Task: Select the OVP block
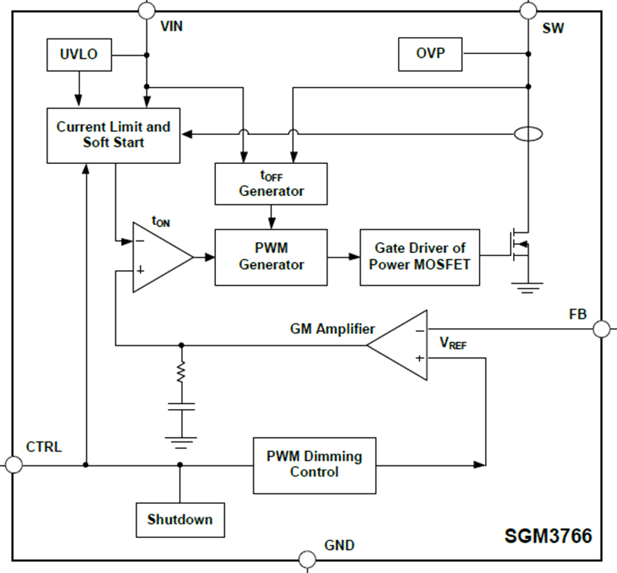428,53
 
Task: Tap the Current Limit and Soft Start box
113,134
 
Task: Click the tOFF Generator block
271,183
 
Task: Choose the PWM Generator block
271,257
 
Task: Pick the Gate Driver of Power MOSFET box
420,257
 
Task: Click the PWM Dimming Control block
314,465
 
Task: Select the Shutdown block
180,520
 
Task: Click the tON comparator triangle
158,257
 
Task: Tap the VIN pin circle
147,10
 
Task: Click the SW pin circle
528,10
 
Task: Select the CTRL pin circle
13,465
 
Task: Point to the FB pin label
578,315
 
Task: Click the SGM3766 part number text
549,536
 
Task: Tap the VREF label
453,343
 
